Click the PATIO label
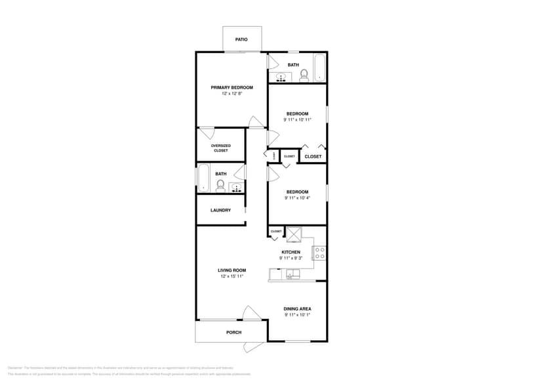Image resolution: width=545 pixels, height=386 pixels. [241, 39]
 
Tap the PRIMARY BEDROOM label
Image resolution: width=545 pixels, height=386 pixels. [232, 87]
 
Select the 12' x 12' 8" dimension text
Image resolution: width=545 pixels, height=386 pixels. [232, 94]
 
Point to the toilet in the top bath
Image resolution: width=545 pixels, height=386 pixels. [304, 76]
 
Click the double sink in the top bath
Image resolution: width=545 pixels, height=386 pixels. [281, 77]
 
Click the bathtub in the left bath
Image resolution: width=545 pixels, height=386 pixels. [203, 179]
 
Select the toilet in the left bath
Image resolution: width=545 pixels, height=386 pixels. [220, 184]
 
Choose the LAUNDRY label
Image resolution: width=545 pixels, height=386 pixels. [220, 210]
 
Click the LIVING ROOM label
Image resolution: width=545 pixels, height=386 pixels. [232, 270]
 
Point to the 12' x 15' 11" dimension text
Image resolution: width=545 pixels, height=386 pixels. [232, 276]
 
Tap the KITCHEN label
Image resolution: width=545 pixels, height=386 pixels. [291, 252]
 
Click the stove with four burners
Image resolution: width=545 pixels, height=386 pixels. [319, 253]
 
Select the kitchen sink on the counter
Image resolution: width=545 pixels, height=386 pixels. [291, 274]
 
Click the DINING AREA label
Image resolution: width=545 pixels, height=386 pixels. [297, 309]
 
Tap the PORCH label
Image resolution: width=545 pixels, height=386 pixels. [234, 332]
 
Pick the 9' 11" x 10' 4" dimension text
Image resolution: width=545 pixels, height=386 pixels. [297, 198]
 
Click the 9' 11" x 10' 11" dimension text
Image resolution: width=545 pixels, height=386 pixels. [297, 119]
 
